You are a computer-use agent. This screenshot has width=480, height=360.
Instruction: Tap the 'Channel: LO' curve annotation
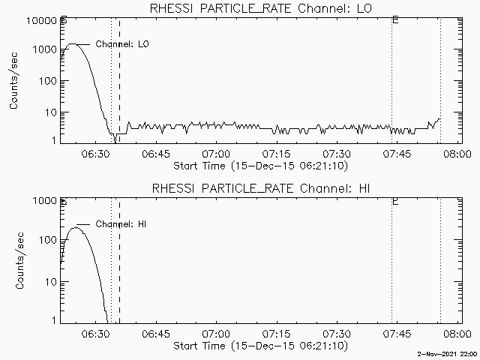[x=124, y=44]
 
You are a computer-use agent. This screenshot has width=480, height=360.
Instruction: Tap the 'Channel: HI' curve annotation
[x=124, y=224]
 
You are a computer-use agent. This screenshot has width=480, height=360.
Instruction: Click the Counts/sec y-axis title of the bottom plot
[x=14, y=261]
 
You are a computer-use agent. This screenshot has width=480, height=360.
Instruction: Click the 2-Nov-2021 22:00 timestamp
[x=448, y=354]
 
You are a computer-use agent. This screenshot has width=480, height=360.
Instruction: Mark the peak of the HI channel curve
[x=76, y=227]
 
